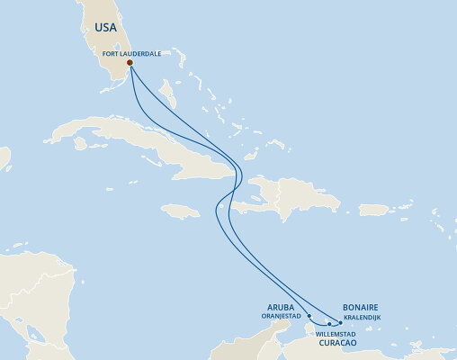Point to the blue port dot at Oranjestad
309,316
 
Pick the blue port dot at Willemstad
329,323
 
